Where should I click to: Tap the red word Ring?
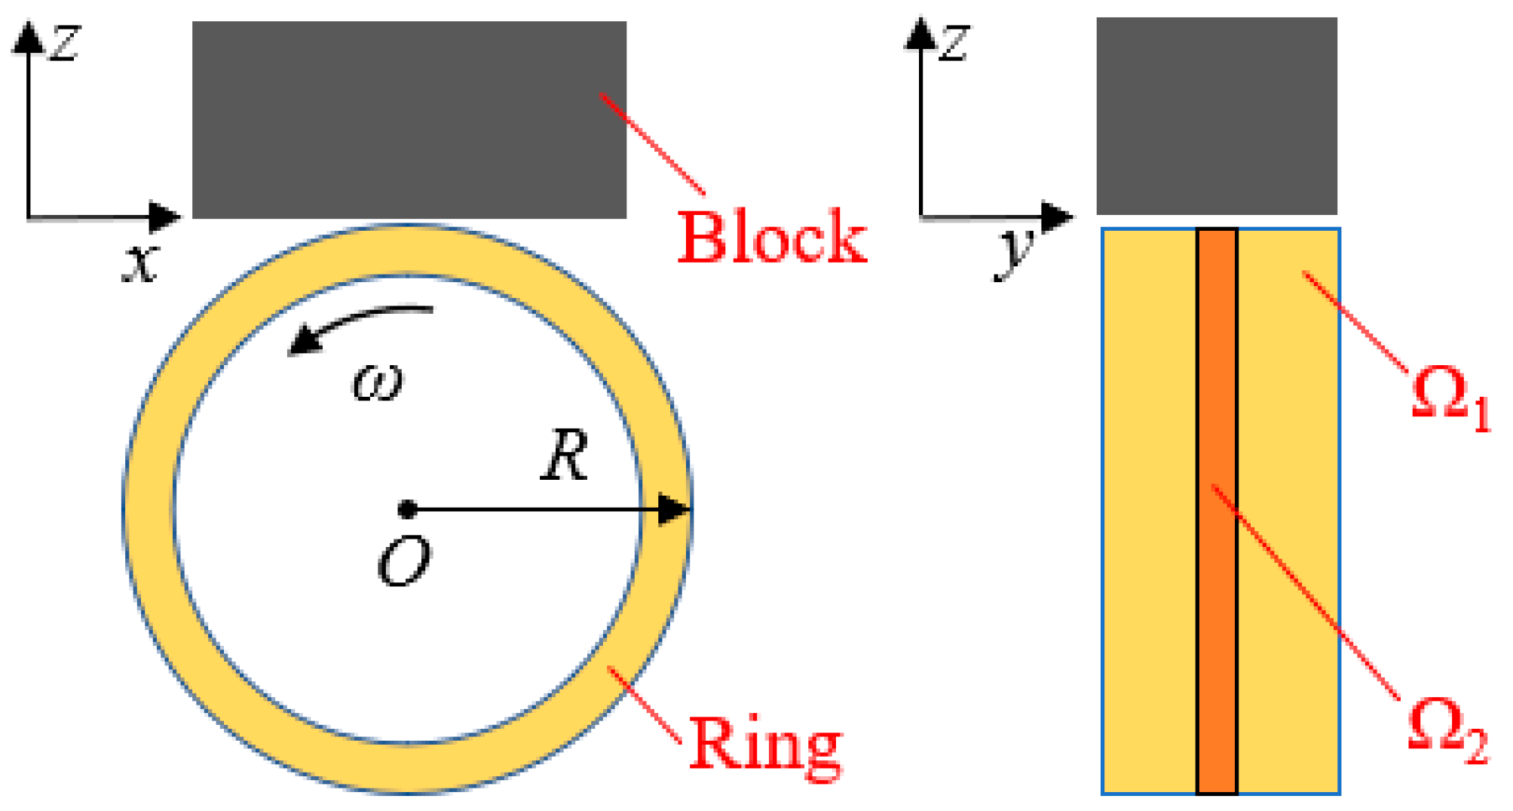coord(764,745)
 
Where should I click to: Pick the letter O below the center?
coord(404,562)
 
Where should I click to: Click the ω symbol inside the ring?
coord(378,382)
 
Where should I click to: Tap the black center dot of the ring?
coord(408,509)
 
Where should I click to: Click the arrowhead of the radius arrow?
coord(673,509)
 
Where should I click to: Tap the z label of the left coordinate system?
coord(65,43)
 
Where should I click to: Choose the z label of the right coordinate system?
coord(954,43)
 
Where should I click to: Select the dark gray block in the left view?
coord(409,120)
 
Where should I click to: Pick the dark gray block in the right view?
coord(1216,116)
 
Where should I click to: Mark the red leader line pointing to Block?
coord(652,143)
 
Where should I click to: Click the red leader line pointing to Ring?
coord(645,705)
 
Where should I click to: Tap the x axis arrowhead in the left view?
coord(164,217)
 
